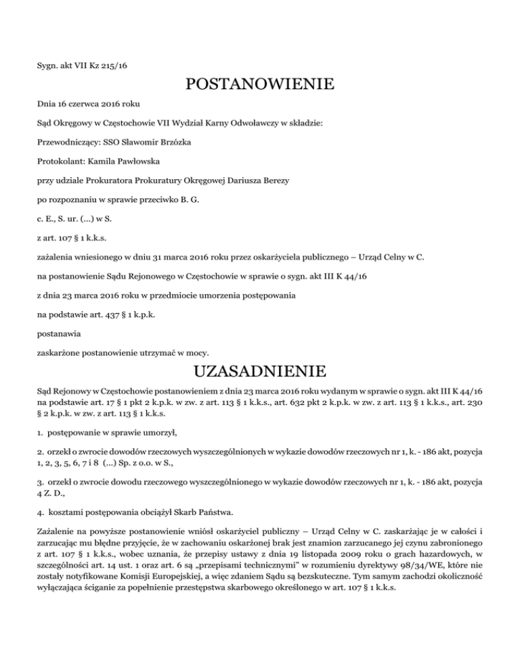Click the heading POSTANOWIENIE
click(259, 85)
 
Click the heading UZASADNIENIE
click(259, 371)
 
